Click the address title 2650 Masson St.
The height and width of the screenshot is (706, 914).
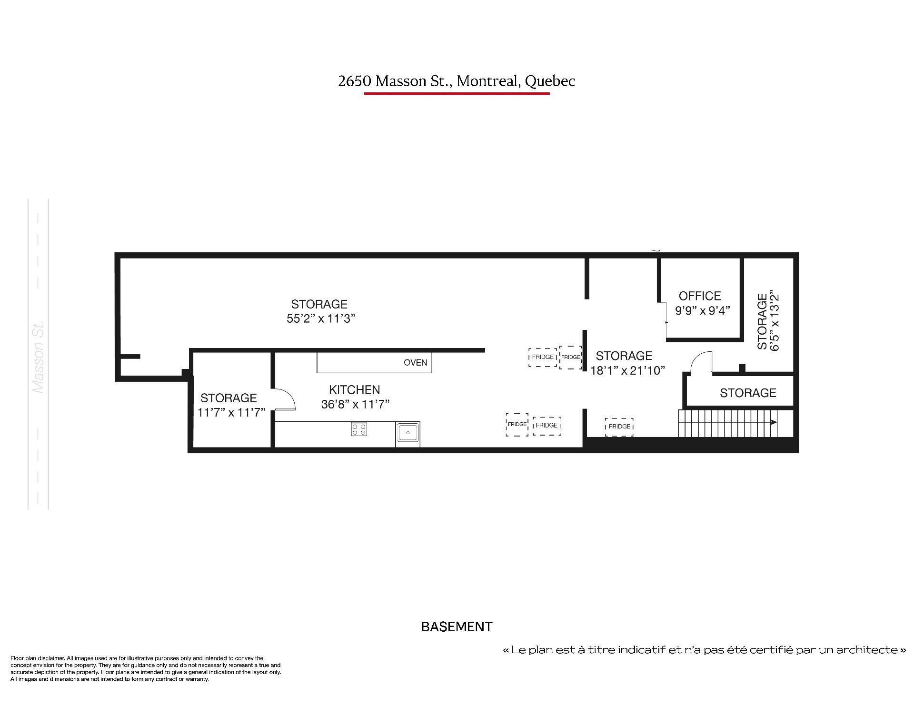tap(457, 81)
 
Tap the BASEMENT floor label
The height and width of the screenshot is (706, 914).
tap(457, 627)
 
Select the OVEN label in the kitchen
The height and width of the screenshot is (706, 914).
tap(415, 363)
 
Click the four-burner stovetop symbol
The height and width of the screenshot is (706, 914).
tap(359, 429)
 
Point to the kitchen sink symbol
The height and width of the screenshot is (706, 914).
tap(408, 434)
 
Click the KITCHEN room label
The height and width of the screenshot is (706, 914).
tap(355, 390)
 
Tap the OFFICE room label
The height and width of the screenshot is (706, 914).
tap(700, 296)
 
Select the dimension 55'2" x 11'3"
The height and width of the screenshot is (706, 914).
tap(321, 318)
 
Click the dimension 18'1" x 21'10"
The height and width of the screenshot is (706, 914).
tap(627, 370)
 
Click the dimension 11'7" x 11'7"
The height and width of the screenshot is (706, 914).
tap(231, 412)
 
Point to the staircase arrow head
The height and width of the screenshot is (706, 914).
tap(774, 422)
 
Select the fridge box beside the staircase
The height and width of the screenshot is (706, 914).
tap(620, 427)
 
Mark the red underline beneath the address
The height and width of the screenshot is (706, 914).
tap(457, 93)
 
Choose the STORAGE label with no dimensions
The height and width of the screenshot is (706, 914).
tap(748, 393)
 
